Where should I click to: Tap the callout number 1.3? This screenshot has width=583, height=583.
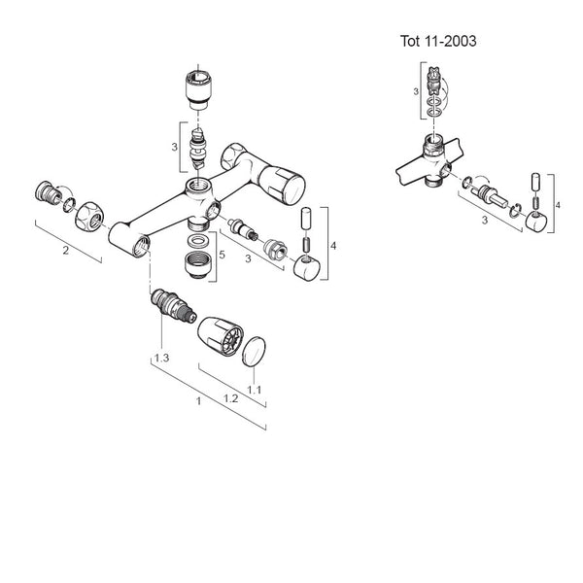pos(161,360)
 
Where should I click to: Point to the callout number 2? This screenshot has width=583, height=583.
pos(64,251)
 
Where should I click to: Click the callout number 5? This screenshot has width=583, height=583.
pos(223,255)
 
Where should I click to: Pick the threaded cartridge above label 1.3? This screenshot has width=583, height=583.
pos(170,309)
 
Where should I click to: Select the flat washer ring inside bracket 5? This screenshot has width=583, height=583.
pos(198,239)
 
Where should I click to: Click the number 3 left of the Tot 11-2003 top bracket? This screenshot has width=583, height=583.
pos(416,90)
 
